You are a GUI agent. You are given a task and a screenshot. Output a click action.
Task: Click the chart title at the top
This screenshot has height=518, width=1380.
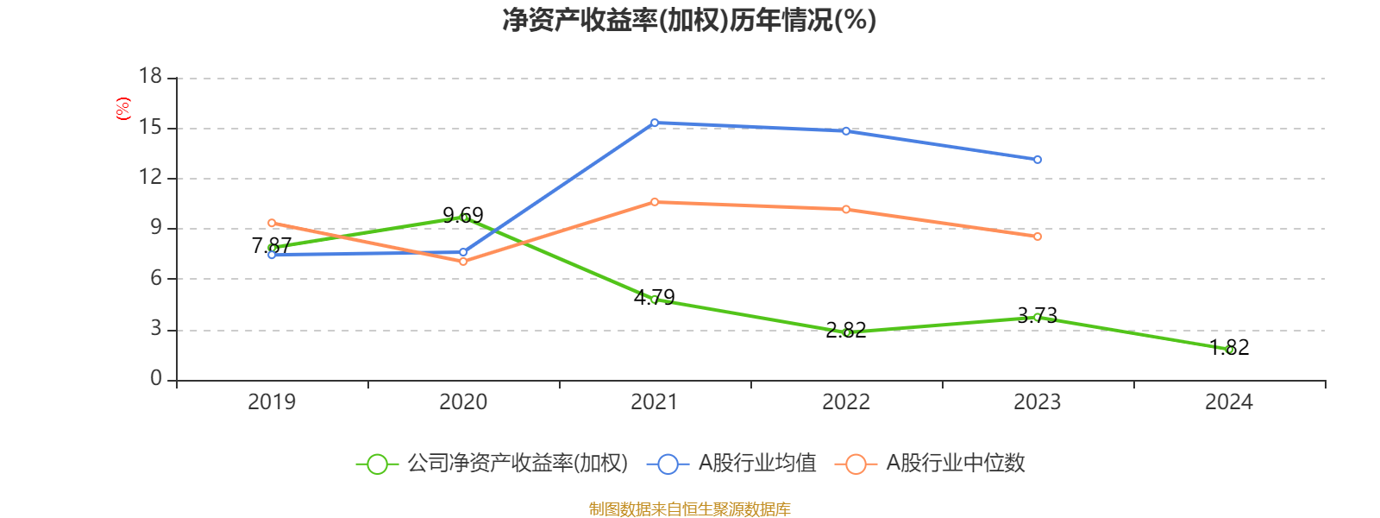689,20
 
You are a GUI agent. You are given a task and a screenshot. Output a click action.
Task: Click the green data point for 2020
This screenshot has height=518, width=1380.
463,218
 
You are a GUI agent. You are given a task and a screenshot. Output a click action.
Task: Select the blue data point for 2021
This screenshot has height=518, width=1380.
655,123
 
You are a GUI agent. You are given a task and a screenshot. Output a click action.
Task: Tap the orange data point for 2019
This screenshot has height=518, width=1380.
272,223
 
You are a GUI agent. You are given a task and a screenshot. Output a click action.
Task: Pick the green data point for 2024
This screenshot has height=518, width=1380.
1229,350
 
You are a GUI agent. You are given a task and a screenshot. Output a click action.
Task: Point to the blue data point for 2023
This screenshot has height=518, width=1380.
1038,160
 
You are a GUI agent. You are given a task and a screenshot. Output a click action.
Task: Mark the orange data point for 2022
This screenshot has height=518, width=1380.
846,209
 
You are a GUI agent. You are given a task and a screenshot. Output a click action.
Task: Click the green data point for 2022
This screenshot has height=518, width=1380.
846,332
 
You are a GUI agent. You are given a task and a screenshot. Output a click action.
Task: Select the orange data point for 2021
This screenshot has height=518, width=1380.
655,202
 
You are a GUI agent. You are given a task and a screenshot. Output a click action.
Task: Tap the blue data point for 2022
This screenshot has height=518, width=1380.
846,131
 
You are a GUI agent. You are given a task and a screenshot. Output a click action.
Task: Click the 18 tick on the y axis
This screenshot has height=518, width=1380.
151,77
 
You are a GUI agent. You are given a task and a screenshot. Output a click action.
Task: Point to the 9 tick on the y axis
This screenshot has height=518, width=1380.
156,228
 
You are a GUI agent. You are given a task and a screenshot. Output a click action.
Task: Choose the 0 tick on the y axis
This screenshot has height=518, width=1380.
156,378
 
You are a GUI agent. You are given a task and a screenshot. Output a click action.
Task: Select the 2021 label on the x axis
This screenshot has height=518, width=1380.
655,401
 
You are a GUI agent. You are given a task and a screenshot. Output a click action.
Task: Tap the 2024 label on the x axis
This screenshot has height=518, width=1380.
1229,401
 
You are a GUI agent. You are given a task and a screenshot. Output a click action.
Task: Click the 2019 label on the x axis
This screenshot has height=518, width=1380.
272,401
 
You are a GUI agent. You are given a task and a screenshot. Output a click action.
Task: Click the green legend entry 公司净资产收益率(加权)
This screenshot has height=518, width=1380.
492,464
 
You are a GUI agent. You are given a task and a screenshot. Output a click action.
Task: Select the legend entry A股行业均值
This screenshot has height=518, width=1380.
737,464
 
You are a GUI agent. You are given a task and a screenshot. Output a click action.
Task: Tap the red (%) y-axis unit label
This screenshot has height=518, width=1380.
123,109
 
